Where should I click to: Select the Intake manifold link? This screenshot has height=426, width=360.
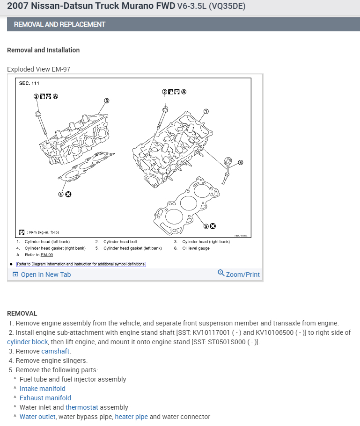43,389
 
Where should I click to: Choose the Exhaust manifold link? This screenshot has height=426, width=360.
45,398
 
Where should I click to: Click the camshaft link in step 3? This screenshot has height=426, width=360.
56,351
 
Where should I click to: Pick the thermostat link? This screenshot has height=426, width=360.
81,407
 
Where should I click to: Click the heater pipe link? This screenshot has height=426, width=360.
131,417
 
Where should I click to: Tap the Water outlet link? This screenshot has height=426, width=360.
37,417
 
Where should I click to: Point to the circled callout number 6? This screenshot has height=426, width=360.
241,163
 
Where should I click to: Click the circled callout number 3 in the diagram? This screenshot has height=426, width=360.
107,100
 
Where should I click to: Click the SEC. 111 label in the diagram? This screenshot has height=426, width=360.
29,83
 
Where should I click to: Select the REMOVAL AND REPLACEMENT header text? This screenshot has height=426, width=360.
59,24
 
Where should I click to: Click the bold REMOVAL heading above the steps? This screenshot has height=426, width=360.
22,313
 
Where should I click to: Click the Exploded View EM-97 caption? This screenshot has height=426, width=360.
39,69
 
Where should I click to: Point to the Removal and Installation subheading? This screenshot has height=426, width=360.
44,50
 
